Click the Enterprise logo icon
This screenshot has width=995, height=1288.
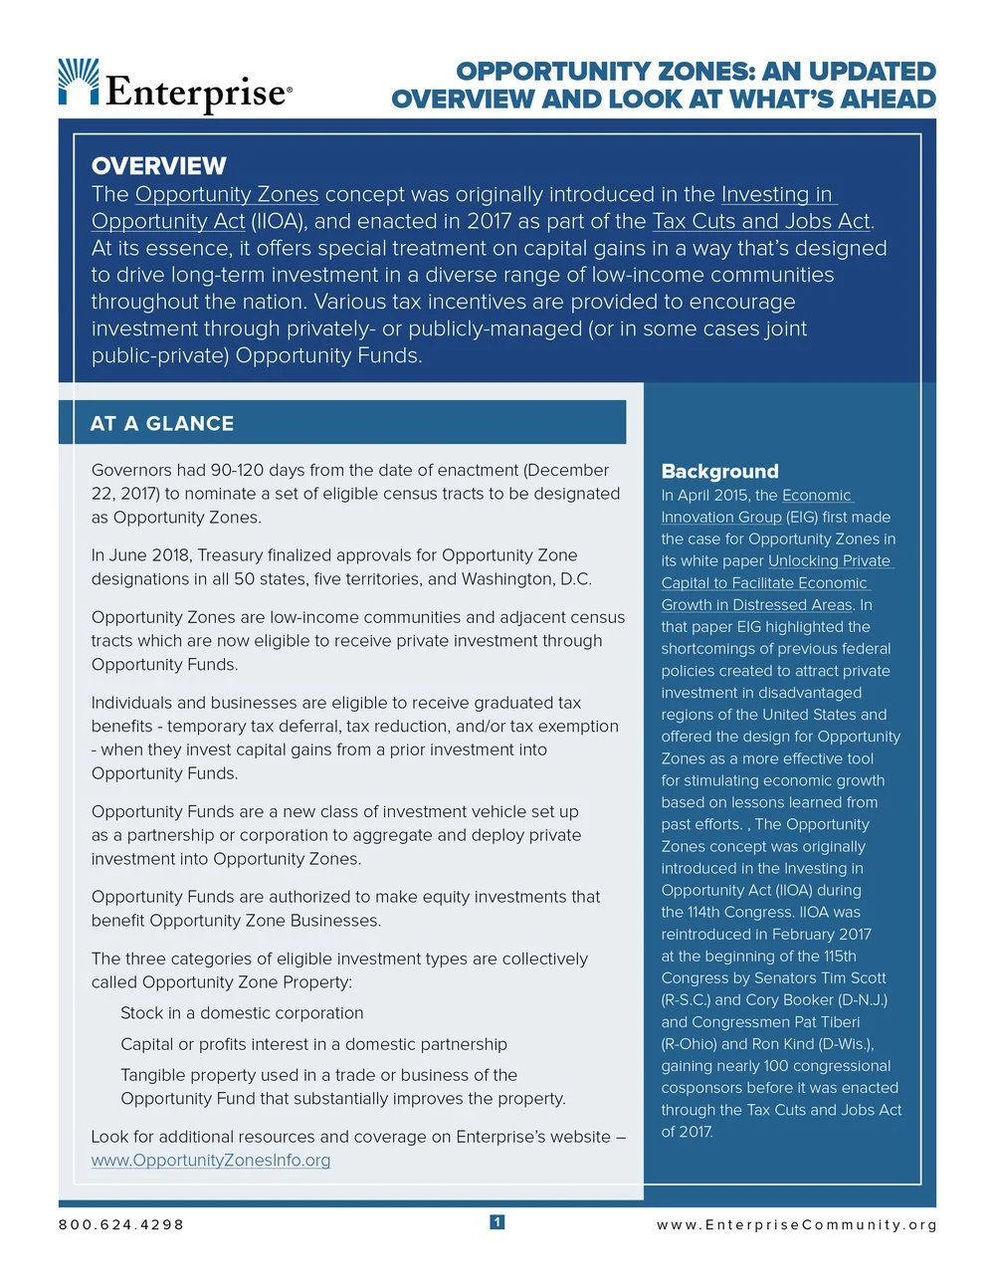(x=79, y=82)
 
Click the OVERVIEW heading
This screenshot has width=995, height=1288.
(x=159, y=166)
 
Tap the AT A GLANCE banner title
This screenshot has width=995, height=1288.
(x=162, y=423)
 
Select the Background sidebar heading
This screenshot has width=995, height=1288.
(x=719, y=472)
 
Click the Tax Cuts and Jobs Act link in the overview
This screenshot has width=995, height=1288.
(x=761, y=221)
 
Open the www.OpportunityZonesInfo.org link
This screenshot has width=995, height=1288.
(x=211, y=1161)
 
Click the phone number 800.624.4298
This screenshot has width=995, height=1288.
(x=121, y=1224)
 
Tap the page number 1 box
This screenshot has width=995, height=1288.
(x=497, y=1222)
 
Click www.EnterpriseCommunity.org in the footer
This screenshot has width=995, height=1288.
(x=796, y=1224)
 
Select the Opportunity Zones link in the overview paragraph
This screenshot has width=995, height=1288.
(x=227, y=194)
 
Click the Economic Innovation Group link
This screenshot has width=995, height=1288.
(x=756, y=506)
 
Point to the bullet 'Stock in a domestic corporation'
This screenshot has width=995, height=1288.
(x=242, y=1013)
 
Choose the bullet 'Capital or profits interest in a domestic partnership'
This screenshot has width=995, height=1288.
(x=313, y=1044)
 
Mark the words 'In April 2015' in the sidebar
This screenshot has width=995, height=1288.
(x=705, y=496)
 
